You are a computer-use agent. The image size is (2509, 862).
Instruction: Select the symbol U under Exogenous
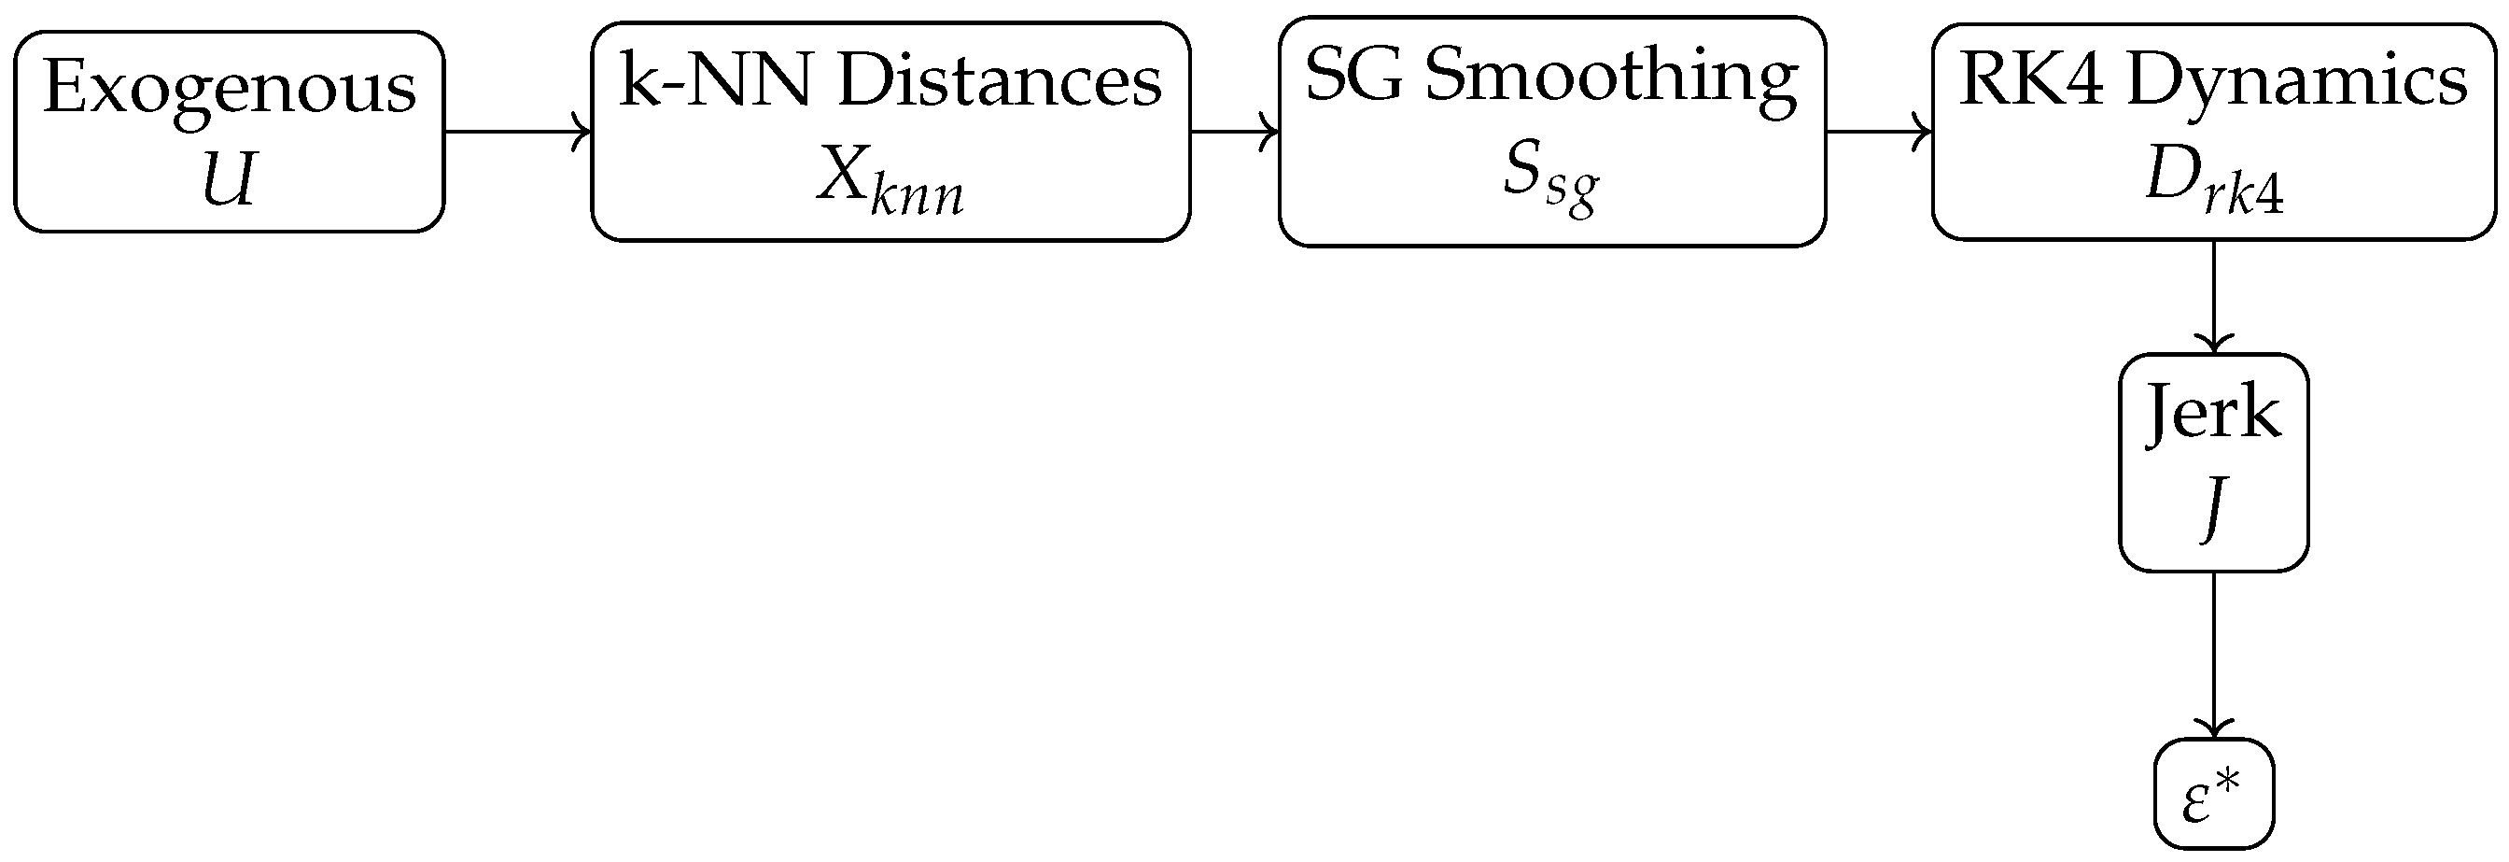click(229, 179)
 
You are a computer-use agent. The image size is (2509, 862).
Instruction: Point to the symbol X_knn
click(890, 179)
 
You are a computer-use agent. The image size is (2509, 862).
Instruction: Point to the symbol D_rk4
click(2214, 181)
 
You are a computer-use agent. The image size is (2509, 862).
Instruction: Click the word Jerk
click(2213, 413)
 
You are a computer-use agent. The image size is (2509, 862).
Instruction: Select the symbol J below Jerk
click(2213, 507)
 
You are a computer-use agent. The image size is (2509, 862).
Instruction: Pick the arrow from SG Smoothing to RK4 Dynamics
click(1879, 132)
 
